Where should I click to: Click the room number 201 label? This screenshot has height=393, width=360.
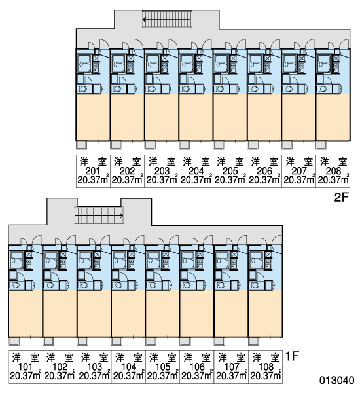click(93, 171)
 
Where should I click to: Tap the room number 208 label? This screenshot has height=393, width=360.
click(333, 171)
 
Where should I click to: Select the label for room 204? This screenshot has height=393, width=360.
click(196, 171)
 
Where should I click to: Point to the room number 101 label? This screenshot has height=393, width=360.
click(26, 367)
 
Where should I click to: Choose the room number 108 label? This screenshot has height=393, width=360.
click(266, 367)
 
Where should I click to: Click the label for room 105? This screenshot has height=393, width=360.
click(163, 367)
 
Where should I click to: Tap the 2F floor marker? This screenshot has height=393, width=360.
click(342, 198)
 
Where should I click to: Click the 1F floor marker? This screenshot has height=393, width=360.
click(293, 356)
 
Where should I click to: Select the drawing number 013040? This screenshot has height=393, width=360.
click(336, 380)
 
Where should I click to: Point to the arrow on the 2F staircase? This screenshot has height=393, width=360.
click(167, 20)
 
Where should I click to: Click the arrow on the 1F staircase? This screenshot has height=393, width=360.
click(99, 215)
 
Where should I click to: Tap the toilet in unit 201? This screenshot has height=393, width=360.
click(82, 89)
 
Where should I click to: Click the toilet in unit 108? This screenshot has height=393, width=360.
click(254, 285)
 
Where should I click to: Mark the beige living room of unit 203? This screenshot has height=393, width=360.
click(162, 117)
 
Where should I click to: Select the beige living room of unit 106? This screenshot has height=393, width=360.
click(196, 313)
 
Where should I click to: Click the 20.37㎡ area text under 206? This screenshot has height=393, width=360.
click(264, 179)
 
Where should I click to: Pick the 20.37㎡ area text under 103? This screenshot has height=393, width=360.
click(94, 376)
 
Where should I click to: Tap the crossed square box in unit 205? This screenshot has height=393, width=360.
click(234, 58)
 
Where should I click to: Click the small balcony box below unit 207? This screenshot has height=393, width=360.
click(287, 145)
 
